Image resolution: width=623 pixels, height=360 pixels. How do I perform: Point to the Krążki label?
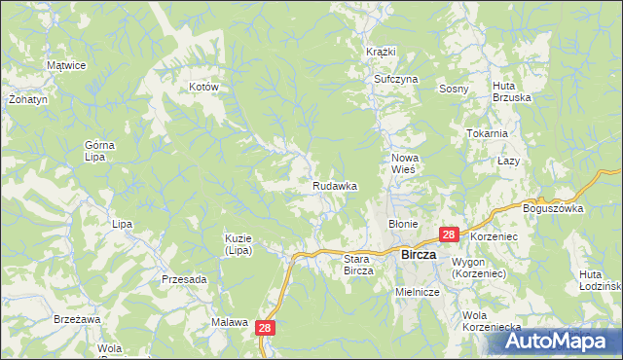click(x=381, y=51)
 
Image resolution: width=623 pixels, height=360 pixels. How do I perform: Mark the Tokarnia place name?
click(x=487, y=133)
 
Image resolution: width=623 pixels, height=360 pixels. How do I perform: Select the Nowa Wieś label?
click(x=404, y=162)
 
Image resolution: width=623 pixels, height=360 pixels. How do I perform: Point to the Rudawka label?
click(x=335, y=185)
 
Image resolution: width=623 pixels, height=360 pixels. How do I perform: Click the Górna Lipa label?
click(x=99, y=151)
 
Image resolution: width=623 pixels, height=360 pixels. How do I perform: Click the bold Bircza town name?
click(x=424, y=255)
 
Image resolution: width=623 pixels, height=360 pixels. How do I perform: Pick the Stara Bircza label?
click(x=359, y=265)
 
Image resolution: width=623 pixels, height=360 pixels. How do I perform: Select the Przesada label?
click(x=184, y=279)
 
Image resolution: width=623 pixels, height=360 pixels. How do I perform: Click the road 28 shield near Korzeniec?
click(x=448, y=234)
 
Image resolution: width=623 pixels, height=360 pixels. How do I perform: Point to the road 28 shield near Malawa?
click(x=267, y=330)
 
